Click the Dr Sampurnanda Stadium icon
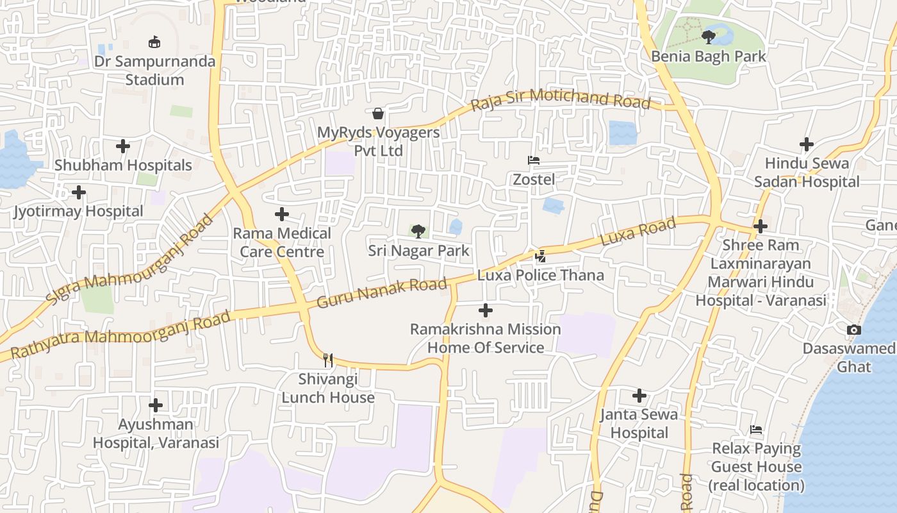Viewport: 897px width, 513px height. (x=154, y=43)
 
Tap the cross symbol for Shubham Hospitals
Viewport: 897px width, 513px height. (x=123, y=146)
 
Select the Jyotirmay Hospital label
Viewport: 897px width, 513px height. (x=79, y=211)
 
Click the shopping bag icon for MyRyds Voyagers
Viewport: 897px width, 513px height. (x=379, y=114)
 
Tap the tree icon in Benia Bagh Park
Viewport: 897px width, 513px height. (x=708, y=37)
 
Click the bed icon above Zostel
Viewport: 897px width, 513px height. (x=534, y=160)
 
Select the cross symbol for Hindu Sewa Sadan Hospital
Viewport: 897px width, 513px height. (x=807, y=144)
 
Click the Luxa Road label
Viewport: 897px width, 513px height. (x=638, y=232)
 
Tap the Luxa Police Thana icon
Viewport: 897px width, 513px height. (x=541, y=256)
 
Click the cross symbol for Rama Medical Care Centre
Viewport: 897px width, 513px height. (x=282, y=214)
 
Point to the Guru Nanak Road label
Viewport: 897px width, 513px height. (x=382, y=292)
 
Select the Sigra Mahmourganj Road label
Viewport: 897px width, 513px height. (x=129, y=259)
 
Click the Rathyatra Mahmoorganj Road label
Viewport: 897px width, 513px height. (x=120, y=335)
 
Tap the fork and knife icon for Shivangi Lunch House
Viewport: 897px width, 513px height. (x=328, y=360)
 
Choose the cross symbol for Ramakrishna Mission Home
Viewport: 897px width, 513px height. (x=486, y=311)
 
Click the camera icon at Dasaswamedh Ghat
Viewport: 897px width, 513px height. (x=853, y=330)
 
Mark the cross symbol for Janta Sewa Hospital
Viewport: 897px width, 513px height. (x=639, y=396)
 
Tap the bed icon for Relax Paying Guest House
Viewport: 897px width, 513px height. (x=756, y=430)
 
